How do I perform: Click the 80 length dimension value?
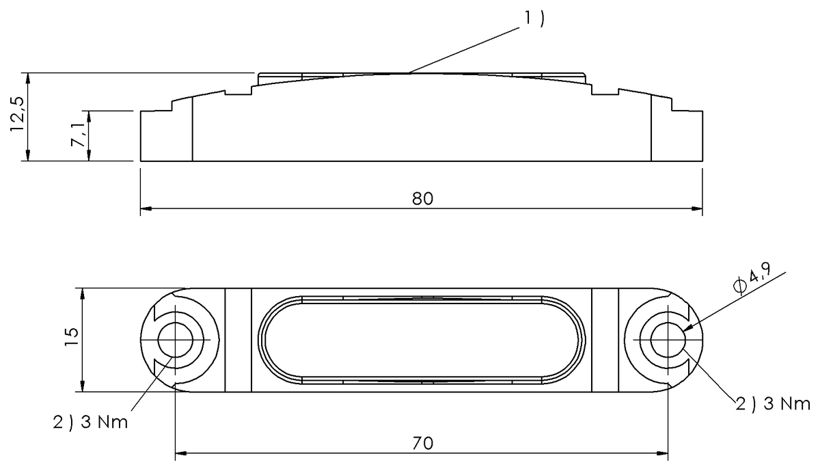point(422,199)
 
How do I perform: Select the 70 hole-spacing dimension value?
point(422,442)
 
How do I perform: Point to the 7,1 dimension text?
point(79,135)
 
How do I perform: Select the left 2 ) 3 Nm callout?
point(90,421)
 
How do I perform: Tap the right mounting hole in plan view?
point(667,340)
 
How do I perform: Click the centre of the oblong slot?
point(422,340)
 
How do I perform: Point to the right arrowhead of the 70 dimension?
point(662,452)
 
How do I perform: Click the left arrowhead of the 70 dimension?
point(180,452)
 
